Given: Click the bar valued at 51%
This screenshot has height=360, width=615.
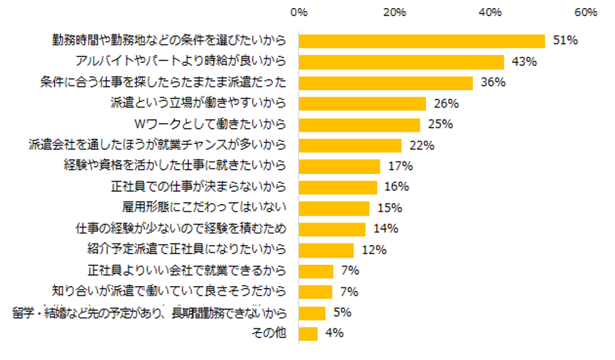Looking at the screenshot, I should point(422,41).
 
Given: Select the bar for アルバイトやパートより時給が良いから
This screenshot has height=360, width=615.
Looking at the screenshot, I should point(402,61).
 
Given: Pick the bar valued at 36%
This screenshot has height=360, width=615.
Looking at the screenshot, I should point(386,83).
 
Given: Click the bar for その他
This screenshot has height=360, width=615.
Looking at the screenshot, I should point(308,334).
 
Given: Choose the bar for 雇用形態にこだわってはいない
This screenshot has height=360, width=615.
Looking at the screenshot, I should point(335,209).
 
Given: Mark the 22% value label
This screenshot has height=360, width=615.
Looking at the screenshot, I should point(422,146).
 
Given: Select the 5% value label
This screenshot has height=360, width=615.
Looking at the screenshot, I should point(342,312).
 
